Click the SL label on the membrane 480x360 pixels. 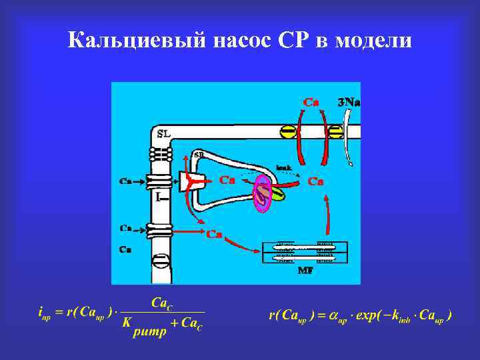(163, 134)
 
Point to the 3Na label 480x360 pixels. (349, 102)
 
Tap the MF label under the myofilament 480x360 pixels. (306, 270)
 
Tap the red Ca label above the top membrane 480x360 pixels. (311, 102)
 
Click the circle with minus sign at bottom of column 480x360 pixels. (161, 260)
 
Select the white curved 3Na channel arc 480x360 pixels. (348, 137)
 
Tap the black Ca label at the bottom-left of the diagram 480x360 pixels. (125, 249)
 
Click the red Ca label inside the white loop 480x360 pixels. (228, 180)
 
